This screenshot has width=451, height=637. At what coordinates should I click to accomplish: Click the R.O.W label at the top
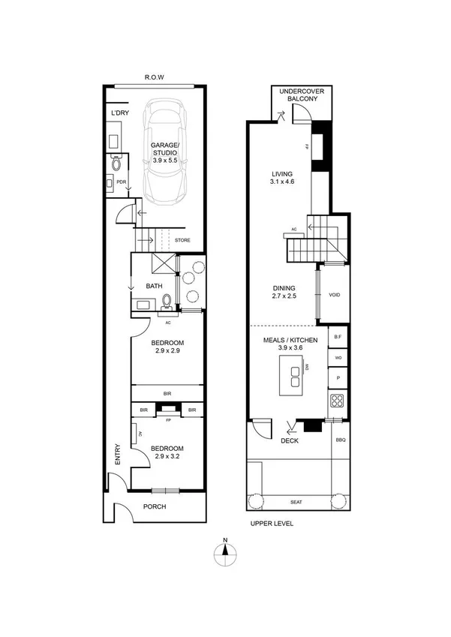(x=155, y=77)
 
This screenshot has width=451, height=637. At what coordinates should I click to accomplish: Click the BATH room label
(x=154, y=286)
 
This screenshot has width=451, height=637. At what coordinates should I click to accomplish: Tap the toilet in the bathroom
(x=167, y=302)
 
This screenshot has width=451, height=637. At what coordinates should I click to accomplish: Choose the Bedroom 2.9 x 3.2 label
(x=169, y=452)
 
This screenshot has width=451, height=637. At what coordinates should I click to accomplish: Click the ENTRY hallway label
(x=117, y=458)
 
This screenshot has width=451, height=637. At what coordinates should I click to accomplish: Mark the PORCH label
(x=154, y=506)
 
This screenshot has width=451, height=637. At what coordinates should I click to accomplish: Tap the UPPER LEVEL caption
(x=271, y=524)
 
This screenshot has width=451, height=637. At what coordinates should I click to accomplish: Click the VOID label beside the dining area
(x=335, y=294)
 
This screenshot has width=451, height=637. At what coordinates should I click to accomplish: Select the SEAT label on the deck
(x=297, y=502)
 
